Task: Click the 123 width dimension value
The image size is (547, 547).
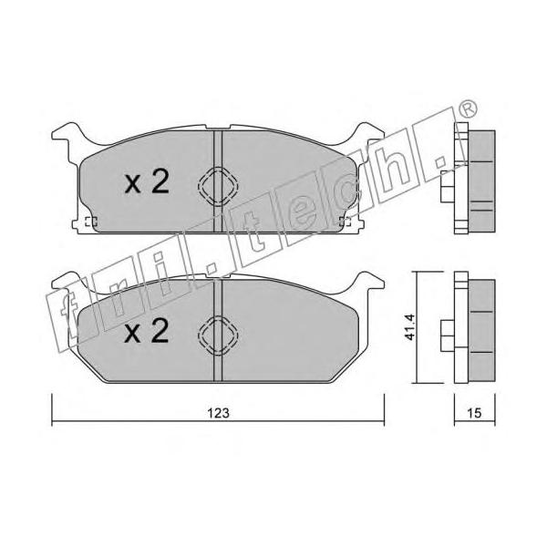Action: click(x=219, y=413)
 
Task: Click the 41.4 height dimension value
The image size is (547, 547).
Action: click(x=410, y=327)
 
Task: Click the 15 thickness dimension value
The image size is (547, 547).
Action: click(x=474, y=413)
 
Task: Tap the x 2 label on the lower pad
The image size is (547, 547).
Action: click(x=147, y=332)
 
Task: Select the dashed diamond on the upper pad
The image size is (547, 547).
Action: click(x=218, y=186)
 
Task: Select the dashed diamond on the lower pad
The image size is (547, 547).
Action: click(x=218, y=335)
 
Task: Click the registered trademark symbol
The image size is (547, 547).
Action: click(x=468, y=109)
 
